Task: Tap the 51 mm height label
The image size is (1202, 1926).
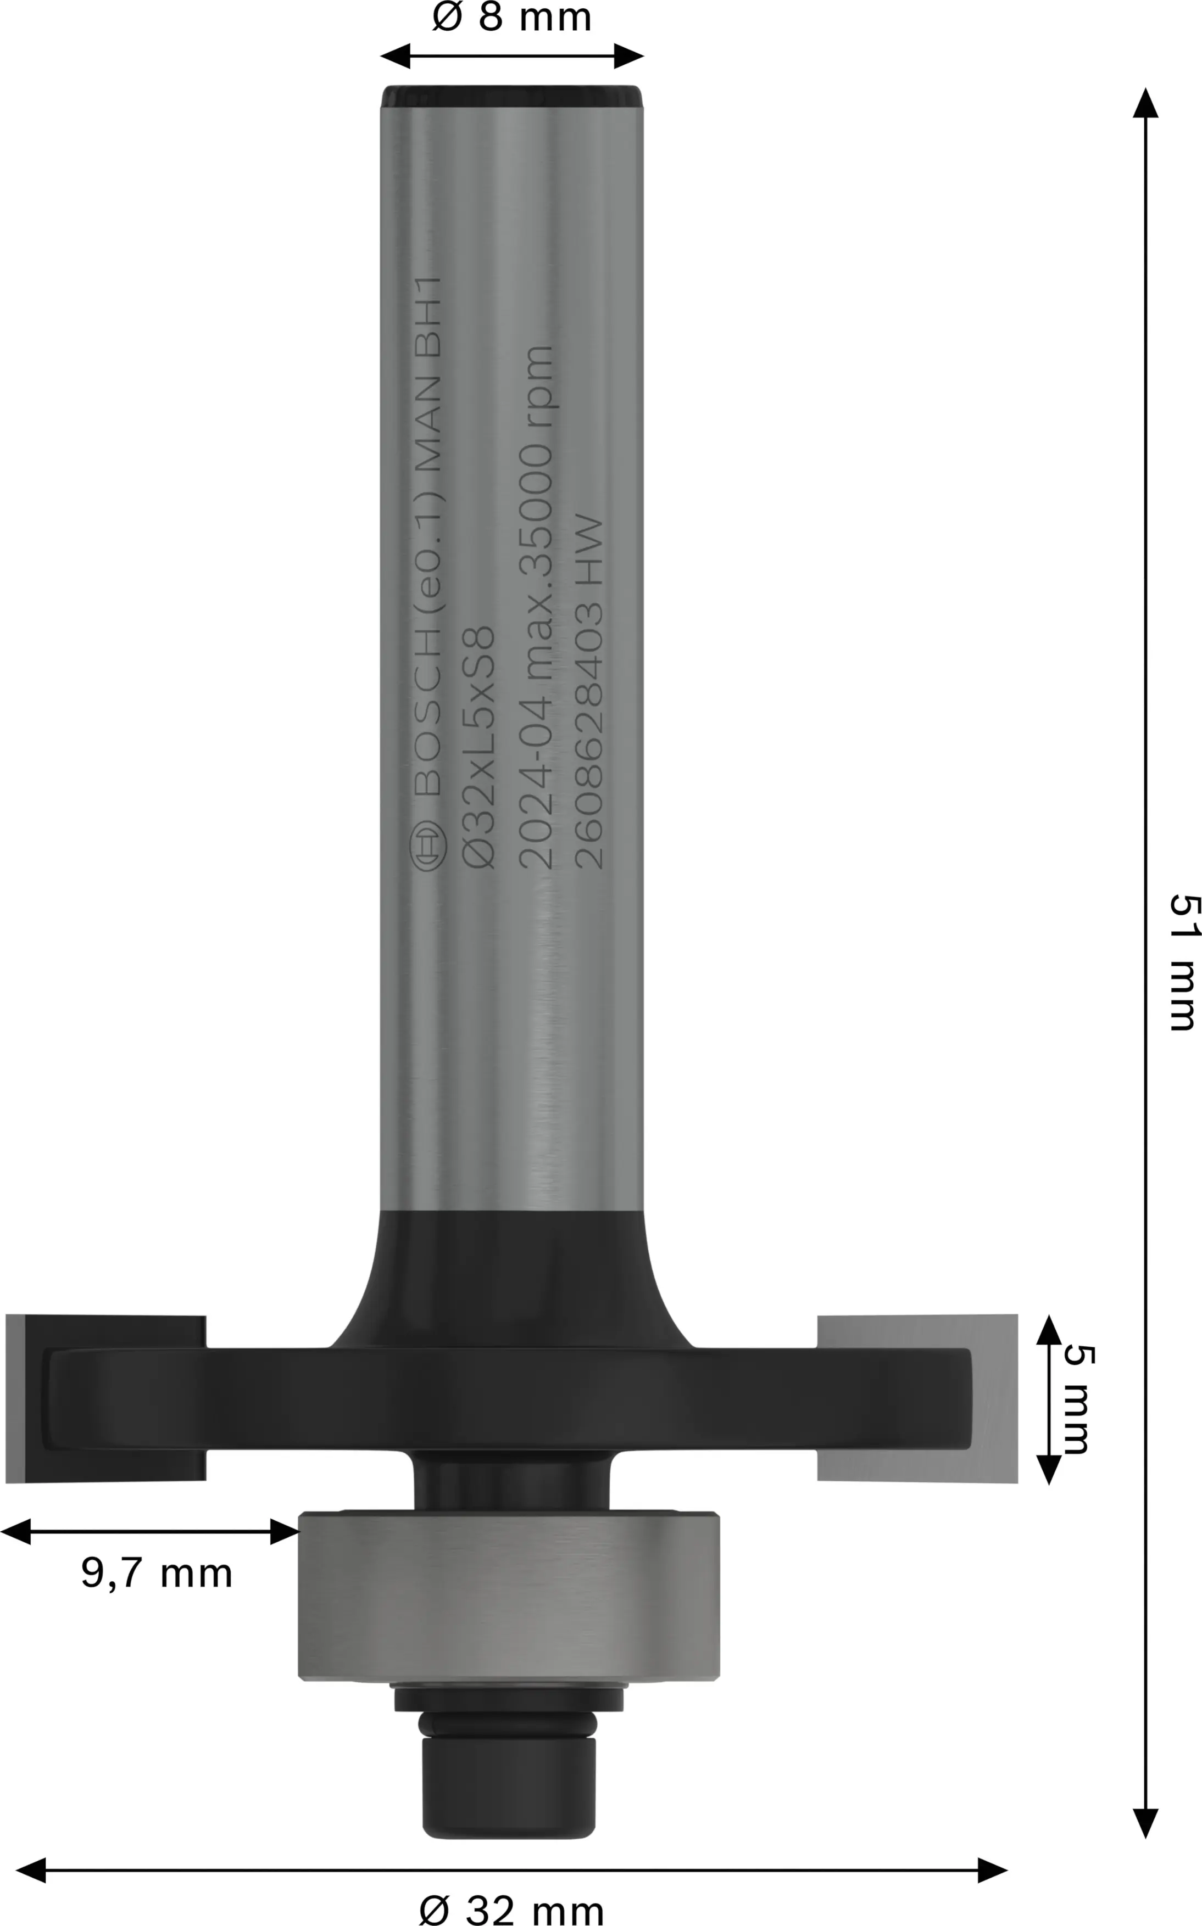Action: pos(1182,961)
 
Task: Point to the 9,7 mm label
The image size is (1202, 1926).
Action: pos(157,1573)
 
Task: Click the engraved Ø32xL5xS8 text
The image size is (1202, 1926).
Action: pos(480,747)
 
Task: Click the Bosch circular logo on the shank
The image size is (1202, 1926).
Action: pos(428,846)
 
